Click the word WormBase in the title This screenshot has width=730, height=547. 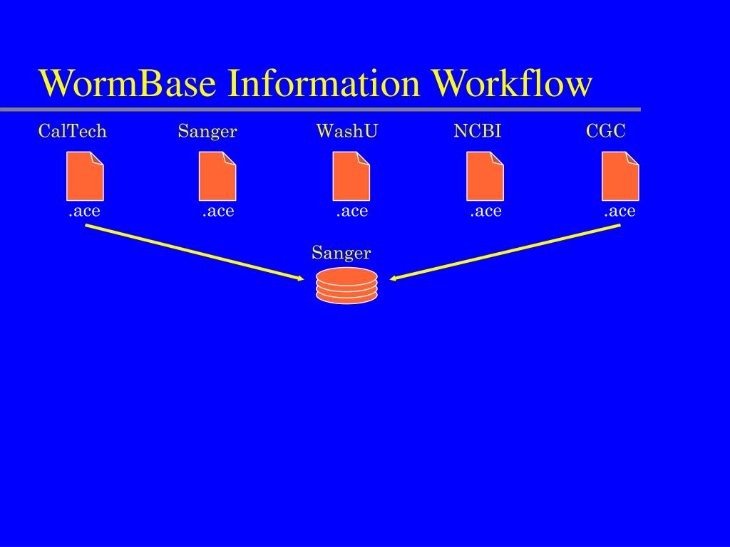tap(128, 84)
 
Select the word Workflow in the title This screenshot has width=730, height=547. tap(513, 84)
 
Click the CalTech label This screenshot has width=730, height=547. tap(73, 131)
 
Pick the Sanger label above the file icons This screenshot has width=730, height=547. tap(207, 131)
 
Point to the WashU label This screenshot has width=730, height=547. tap(347, 131)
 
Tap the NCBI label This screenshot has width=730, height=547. tap(478, 131)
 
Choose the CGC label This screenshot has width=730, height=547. tap(606, 131)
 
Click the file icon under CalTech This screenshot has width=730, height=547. tap(85, 176)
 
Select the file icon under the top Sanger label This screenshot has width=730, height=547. tap(217, 176)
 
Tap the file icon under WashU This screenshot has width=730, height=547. tap(351, 176)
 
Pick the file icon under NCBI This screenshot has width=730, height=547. tap(485, 176)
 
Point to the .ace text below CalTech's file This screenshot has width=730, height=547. tap(84, 211)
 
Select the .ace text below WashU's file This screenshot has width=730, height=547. tap(352, 211)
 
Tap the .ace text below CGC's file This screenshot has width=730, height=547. tap(620, 211)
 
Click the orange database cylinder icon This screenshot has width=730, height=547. tap(346, 286)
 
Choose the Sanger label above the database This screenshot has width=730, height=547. tap(341, 253)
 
